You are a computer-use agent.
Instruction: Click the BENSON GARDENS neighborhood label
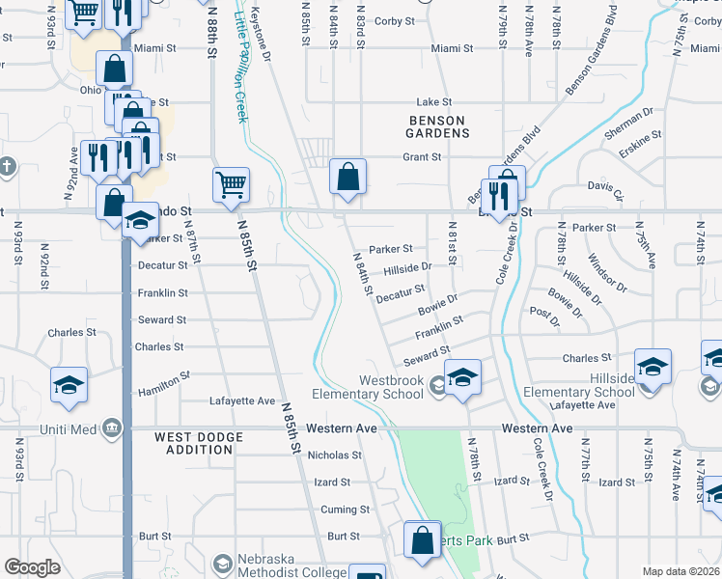coord(437,125)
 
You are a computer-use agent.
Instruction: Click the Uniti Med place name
coord(66,427)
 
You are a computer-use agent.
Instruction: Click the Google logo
coord(32,567)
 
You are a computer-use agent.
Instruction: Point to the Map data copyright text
coord(680,571)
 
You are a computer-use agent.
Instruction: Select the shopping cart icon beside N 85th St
coord(231,183)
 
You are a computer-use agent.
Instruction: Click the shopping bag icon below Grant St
coord(347,178)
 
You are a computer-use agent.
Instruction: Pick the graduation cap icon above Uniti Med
coord(69,385)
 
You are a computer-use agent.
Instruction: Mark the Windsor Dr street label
coord(607,274)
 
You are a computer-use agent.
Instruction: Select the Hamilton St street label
coord(164,383)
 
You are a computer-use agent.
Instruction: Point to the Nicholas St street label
coord(334,455)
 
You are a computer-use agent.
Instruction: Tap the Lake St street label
coord(427,101)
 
